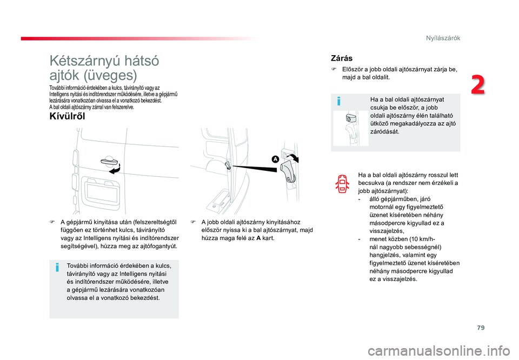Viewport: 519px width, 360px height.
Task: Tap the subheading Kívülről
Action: point(67,116)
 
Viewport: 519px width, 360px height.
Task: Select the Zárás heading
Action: point(342,58)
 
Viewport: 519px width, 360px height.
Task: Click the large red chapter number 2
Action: point(478,85)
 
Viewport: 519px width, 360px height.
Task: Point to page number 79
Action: point(481,328)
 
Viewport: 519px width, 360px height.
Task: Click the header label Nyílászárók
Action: point(443,38)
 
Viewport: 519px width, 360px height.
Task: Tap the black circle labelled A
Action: point(275,159)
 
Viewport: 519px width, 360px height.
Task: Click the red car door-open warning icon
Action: point(342,184)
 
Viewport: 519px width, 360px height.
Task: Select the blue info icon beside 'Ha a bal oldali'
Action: point(338,101)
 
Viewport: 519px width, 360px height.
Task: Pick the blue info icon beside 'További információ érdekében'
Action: point(57,267)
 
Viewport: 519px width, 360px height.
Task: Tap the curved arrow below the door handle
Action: point(115,169)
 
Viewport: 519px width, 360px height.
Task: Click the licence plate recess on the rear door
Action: point(101,191)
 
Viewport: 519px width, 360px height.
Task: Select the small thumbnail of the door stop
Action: point(350,128)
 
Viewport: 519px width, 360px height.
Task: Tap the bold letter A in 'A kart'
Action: point(258,238)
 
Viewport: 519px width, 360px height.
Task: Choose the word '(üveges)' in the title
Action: point(110,76)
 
